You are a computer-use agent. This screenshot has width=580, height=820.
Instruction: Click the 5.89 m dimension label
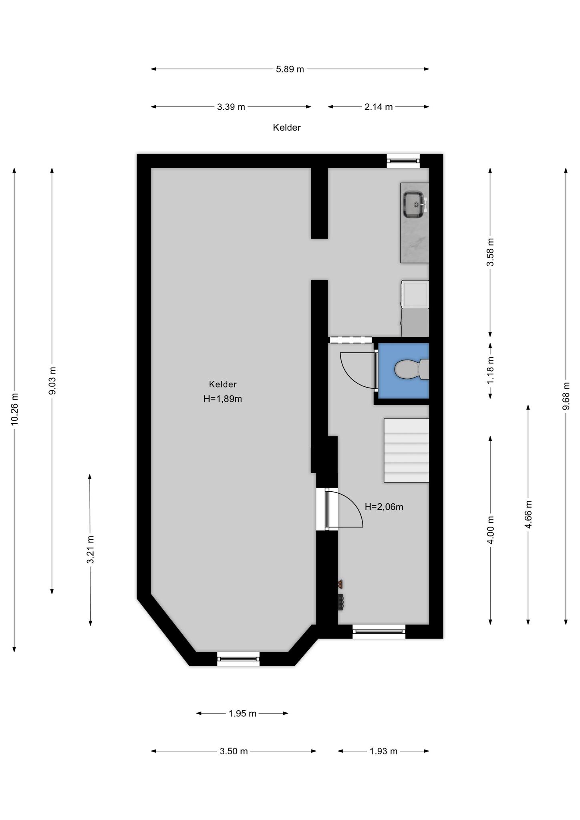[290, 69]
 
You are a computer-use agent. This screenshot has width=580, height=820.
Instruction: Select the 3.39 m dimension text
[231, 107]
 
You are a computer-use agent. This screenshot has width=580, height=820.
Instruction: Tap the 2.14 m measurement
[379, 107]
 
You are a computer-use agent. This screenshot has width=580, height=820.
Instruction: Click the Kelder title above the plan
[287, 128]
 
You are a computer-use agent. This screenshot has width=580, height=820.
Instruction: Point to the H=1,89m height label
[223, 399]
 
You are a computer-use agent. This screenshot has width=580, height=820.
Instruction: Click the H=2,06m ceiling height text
[384, 507]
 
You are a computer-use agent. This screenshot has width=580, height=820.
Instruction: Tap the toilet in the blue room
[411, 369]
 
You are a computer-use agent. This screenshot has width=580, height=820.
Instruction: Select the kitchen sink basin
[414, 204]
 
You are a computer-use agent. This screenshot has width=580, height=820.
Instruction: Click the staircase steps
[407, 450]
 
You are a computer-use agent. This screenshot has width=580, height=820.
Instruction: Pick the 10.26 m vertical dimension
[14, 409]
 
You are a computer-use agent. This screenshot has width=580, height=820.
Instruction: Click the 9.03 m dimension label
[52, 380]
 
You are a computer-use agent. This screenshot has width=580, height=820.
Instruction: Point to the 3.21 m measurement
[91, 549]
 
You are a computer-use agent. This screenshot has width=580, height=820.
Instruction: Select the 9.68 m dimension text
[566, 396]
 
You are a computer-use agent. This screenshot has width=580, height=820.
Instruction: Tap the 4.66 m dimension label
[528, 515]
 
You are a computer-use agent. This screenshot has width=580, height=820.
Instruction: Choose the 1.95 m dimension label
[242, 713]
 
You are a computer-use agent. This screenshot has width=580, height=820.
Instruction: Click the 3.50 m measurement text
[234, 752]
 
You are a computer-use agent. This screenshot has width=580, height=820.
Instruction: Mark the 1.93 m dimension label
[383, 752]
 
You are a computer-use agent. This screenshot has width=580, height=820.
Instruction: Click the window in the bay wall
[238, 659]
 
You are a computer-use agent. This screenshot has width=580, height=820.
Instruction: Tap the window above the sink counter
[403, 161]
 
